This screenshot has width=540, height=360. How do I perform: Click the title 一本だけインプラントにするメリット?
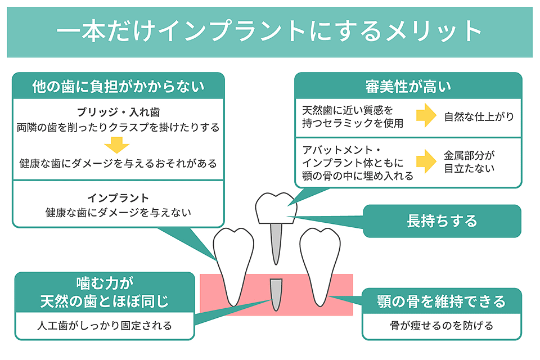pos(269,31)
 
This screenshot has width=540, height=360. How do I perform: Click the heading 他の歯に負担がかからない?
pos(118,87)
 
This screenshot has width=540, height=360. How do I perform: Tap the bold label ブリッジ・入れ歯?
pos(118,112)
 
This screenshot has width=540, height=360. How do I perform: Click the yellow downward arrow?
pos(117,145)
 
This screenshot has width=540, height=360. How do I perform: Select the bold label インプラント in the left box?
pos(118,198)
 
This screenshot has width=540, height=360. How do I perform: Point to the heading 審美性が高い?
pos(408,87)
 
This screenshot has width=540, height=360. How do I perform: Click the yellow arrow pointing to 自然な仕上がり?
pos(426,115)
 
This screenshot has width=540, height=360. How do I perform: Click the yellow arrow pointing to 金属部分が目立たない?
pos(426,161)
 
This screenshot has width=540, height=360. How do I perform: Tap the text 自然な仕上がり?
pos(479,116)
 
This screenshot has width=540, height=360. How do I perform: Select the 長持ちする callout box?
pos(442,221)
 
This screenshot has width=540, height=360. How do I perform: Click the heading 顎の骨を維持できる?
pos(442,301)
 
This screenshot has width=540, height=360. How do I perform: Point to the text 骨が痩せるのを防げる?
pos(442,326)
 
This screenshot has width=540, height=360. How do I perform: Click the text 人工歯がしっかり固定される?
pos(105,326)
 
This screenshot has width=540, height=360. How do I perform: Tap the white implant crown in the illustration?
pos(276,208)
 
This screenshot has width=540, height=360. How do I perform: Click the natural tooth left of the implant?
pos(233,266)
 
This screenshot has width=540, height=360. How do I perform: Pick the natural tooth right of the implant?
pos(320,266)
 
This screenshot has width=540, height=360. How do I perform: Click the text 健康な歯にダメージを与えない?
pos(118,213)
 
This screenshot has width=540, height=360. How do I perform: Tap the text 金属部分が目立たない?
pos(469,161)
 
